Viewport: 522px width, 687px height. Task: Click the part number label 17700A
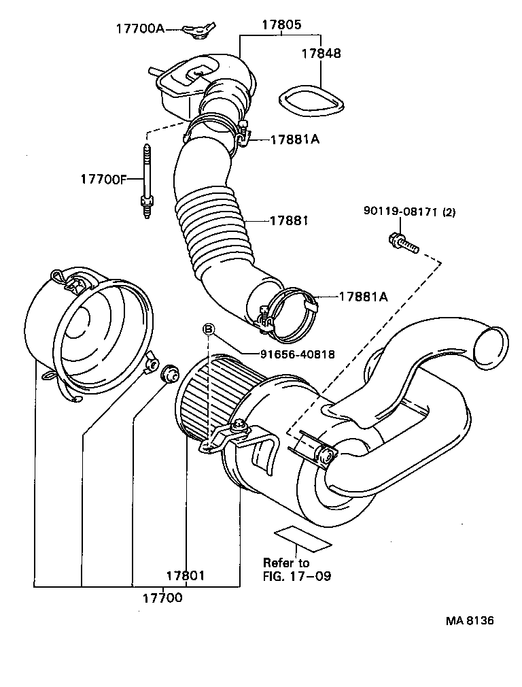(x=139, y=29)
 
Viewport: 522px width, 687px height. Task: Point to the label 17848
(x=321, y=53)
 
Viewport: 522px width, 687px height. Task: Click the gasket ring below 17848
(x=311, y=100)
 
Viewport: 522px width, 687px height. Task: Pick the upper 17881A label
(x=295, y=139)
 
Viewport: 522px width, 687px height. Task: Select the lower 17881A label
(x=363, y=296)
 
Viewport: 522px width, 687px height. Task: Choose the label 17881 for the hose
(x=289, y=220)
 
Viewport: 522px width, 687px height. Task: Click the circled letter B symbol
(x=209, y=330)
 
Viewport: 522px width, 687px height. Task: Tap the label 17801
(x=186, y=575)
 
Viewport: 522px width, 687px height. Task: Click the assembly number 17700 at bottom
(x=162, y=598)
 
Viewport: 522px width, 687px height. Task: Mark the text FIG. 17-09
(x=297, y=576)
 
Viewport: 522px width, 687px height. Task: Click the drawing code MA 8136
(x=470, y=621)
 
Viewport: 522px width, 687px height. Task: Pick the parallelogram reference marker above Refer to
(x=302, y=537)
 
